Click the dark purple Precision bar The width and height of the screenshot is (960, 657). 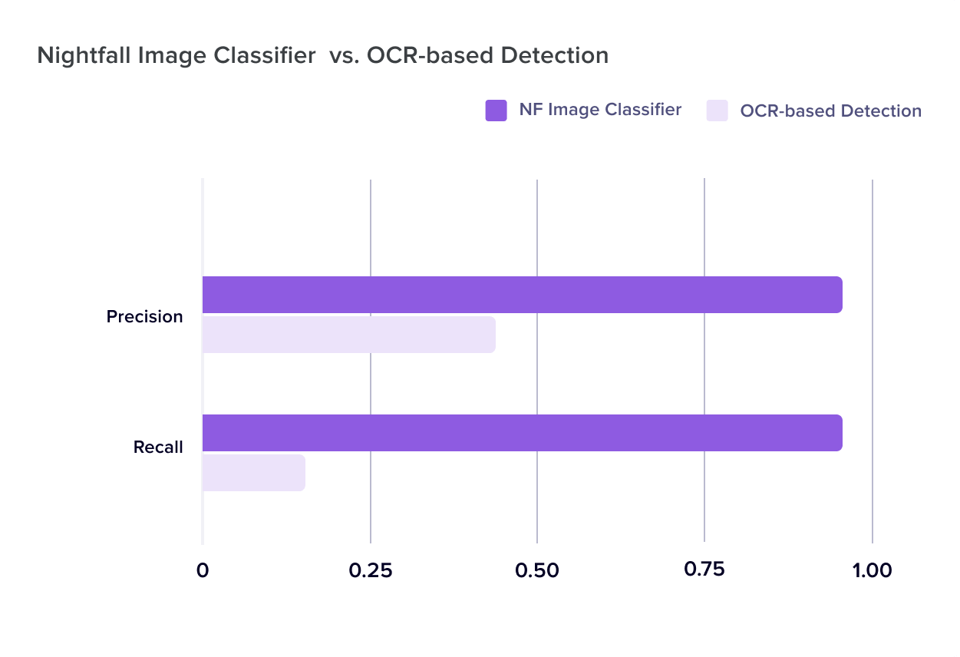click(522, 295)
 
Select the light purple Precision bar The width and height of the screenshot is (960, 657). click(348, 335)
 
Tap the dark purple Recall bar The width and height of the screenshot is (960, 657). click(522, 433)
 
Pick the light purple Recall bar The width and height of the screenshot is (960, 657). click(253, 473)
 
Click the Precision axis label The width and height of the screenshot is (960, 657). click(144, 316)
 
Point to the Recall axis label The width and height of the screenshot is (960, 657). click(158, 447)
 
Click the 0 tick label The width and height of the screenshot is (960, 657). click(203, 571)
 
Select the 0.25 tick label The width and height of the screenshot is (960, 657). click(370, 571)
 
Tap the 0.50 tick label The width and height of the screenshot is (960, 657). click(537, 571)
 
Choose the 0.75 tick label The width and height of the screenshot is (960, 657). click(704, 570)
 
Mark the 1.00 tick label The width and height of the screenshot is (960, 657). click(872, 571)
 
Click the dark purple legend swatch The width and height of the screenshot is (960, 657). click(496, 111)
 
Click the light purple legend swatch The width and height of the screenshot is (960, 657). click(717, 111)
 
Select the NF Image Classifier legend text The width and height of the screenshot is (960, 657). click(600, 110)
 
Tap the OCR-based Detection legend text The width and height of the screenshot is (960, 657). click(830, 111)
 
